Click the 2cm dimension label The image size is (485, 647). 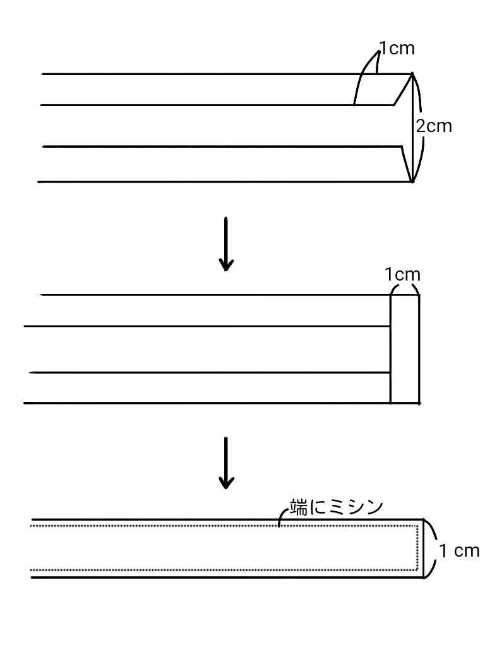(434, 126)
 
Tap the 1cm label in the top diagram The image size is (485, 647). (397, 49)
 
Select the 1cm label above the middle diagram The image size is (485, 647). (402, 275)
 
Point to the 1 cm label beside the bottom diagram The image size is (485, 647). (459, 551)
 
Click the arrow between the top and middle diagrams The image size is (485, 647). (225, 244)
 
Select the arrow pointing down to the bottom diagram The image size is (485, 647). (225, 462)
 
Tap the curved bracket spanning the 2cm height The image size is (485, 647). (419, 126)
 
